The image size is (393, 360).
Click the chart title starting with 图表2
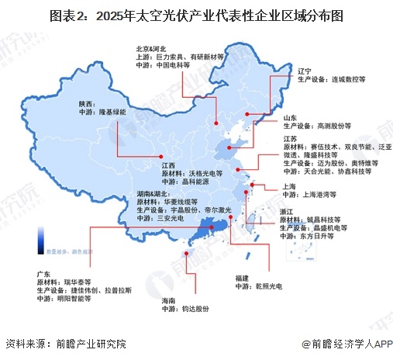point(196,15)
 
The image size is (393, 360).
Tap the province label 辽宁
point(305,71)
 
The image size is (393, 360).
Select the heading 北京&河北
point(144,47)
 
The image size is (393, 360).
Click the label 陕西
point(87,104)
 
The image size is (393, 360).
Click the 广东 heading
point(44,274)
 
